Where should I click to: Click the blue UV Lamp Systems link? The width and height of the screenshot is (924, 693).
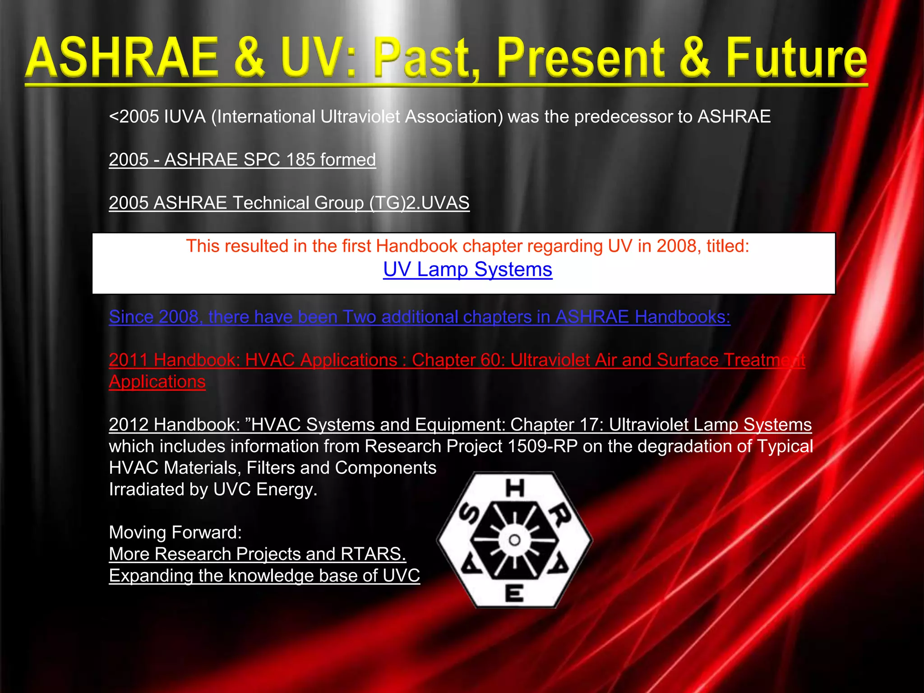[467, 270]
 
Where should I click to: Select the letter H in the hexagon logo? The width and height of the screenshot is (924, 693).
[515, 489]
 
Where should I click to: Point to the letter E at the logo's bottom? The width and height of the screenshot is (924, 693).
[514, 593]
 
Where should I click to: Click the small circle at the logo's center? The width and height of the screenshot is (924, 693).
[514, 540]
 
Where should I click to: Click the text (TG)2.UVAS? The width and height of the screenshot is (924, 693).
[419, 203]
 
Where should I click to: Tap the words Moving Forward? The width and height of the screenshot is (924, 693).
[176, 532]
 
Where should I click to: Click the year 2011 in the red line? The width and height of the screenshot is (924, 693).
[129, 360]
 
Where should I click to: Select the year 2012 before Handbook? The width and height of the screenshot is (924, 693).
[129, 425]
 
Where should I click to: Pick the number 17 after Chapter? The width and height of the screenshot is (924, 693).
[588, 425]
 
